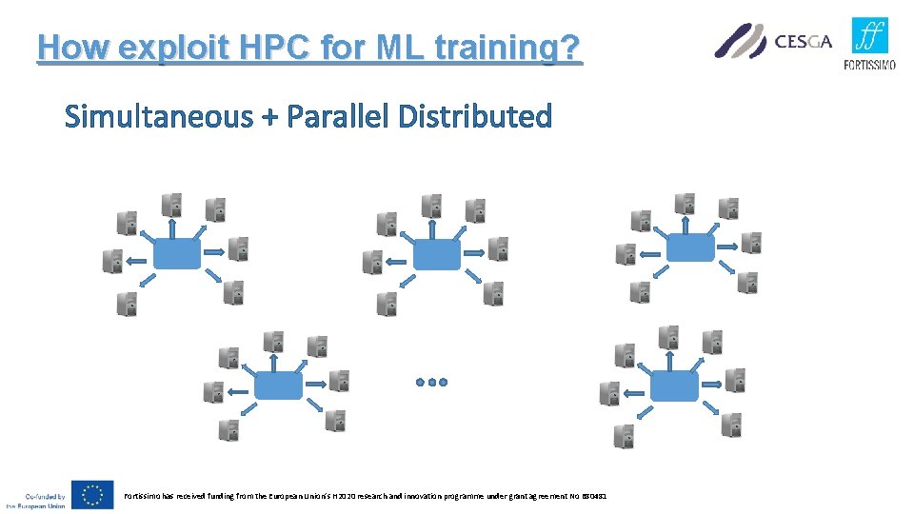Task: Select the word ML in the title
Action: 393,47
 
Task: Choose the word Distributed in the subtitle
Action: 475,117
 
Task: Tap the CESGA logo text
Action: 803,41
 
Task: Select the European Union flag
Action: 93,495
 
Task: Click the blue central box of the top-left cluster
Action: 176,253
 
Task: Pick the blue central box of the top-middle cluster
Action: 437,253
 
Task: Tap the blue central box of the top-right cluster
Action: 689,247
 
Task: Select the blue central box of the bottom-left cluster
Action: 279,385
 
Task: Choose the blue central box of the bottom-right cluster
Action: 672,385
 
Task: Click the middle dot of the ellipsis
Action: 431,382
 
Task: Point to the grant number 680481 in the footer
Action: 593,495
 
